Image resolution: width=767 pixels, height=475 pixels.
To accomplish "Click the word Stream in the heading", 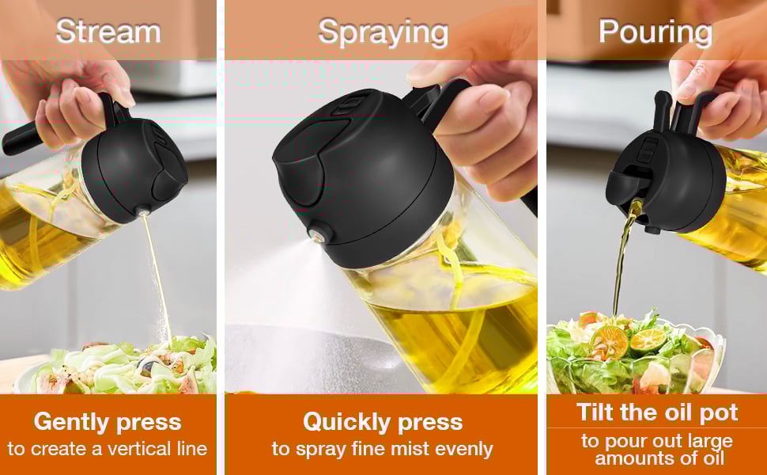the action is (108, 32).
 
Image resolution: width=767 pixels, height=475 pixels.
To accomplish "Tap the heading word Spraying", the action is (383, 33).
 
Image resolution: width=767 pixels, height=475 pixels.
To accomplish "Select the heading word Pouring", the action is (656, 32).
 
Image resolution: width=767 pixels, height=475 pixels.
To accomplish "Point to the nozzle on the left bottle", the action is (143, 211).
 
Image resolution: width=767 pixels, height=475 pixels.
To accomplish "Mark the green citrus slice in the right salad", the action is (648, 340).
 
